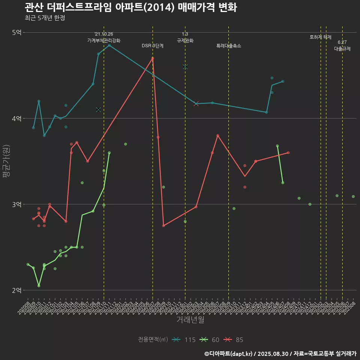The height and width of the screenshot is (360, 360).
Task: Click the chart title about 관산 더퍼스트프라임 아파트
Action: click(130, 7)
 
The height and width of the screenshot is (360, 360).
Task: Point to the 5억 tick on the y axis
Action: click(16, 33)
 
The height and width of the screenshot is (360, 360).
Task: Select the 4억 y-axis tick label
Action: click(16, 118)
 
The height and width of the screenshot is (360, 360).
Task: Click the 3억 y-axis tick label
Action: click(16, 204)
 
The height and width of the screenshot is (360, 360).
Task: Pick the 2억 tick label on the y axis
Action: click(16, 290)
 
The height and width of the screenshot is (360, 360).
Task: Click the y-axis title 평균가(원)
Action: click(6, 161)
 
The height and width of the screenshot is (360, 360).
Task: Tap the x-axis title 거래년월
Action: click(190, 320)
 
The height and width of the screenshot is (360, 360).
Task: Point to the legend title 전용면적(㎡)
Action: click(153, 340)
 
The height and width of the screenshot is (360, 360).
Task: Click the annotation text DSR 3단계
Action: click(153, 46)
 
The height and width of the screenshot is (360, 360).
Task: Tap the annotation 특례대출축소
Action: click(229, 46)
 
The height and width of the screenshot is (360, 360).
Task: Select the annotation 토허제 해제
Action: click(321, 37)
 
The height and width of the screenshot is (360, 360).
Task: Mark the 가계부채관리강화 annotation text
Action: click(104, 40)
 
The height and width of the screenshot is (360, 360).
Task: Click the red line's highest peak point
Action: click(153, 58)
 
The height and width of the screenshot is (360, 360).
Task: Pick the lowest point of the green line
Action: click(39, 286)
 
